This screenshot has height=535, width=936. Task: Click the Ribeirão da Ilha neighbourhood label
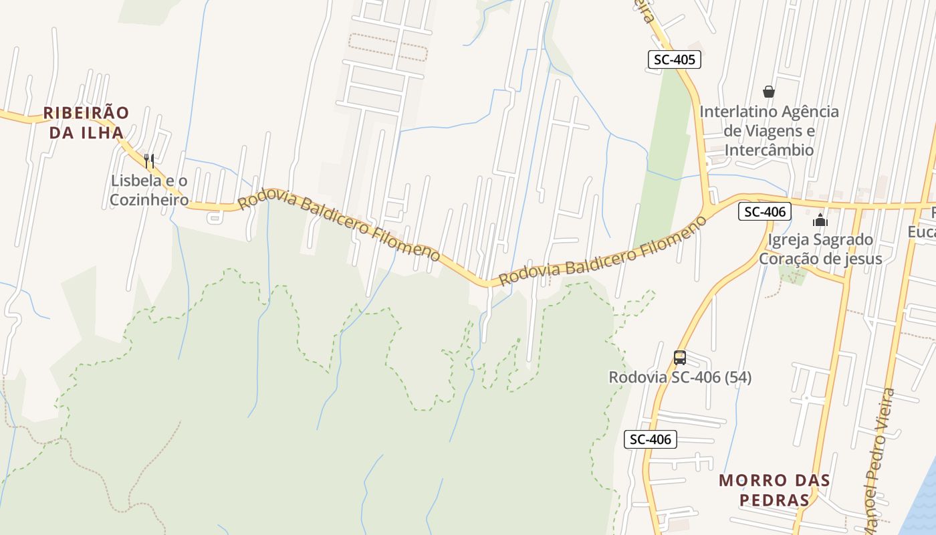pyautogui.click(x=86, y=122)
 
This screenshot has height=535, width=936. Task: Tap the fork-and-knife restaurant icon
pyautogui.click(x=149, y=160)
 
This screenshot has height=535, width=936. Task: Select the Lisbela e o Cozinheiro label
pyautogui.click(x=149, y=191)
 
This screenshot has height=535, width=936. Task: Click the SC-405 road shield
pyautogui.click(x=674, y=60)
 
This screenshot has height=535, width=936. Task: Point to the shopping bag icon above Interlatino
pyautogui.click(x=769, y=92)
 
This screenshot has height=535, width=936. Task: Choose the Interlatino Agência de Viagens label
pyautogui.click(x=769, y=130)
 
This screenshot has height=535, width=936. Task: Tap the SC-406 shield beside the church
pyautogui.click(x=765, y=212)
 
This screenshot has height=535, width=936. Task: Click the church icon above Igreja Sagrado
pyautogui.click(x=820, y=219)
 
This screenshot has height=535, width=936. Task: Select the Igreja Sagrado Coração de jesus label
pyautogui.click(x=820, y=249)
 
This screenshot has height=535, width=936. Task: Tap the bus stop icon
pyautogui.click(x=680, y=357)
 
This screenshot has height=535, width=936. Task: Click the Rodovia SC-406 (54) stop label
pyautogui.click(x=680, y=378)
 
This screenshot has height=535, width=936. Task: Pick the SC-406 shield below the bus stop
pyautogui.click(x=651, y=439)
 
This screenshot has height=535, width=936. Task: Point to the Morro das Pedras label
pyautogui.click(x=774, y=490)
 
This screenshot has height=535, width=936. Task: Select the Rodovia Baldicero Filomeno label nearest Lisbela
pyautogui.click(x=339, y=227)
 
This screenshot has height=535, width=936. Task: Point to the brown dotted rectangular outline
pyautogui.click(x=388, y=47)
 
